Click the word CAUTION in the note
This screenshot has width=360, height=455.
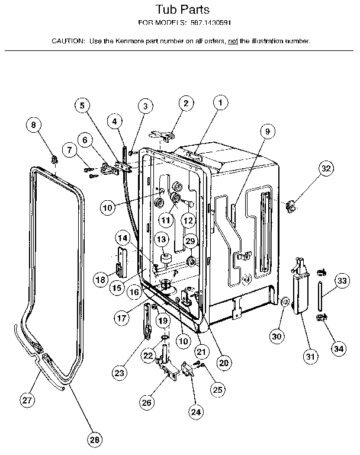(x=68, y=41)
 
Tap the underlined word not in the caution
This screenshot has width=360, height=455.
(x=233, y=41)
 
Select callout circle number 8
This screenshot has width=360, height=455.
(x=34, y=125)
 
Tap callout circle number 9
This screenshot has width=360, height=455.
(x=267, y=132)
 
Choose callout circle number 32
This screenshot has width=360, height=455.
(x=326, y=168)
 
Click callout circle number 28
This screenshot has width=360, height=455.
(x=94, y=439)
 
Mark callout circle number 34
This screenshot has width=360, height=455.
(x=338, y=348)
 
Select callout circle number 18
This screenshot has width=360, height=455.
(x=101, y=279)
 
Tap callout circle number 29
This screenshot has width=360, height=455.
(x=190, y=241)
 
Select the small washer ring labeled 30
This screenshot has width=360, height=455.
(x=285, y=303)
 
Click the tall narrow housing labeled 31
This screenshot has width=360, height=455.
(x=300, y=290)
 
